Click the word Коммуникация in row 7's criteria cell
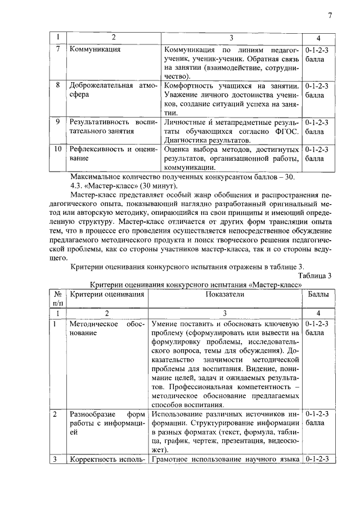[x=95, y=49]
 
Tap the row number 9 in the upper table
[x=57, y=121]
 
